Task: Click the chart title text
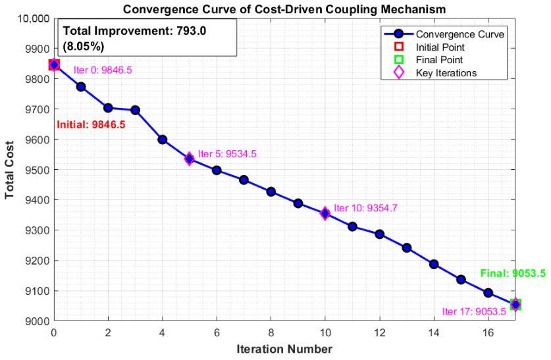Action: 284,9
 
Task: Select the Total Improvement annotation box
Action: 147,38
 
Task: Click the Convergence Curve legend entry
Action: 444,34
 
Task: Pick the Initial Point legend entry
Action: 429,47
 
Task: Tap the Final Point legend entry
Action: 429,60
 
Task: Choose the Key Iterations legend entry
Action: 435,72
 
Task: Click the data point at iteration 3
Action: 136,111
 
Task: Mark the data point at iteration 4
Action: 163,140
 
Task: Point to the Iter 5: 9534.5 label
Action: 227,154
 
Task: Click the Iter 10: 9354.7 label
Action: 365,208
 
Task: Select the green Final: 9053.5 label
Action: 513,273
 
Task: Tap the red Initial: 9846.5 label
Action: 91,124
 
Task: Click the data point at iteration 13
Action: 407,248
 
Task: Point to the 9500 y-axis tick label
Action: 38,170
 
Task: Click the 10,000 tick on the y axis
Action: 33,18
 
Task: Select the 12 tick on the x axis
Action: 380,332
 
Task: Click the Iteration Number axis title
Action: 284,349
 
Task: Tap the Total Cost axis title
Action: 9,170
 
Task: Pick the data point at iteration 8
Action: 271,192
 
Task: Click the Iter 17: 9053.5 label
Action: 474,311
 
